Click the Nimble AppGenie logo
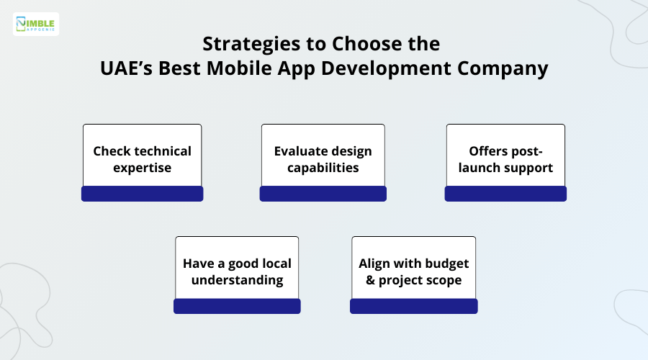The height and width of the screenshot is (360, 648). [36, 24]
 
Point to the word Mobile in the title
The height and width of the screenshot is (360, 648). [258, 68]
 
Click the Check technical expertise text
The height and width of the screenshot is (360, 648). [142, 159]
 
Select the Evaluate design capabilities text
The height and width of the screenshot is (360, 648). [323, 159]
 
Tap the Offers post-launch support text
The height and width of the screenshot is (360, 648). [505, 159]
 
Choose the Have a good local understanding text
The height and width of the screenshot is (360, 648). [237, 271]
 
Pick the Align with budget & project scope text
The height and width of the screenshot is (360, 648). [413, 271]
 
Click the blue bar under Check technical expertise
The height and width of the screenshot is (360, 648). [142, 194]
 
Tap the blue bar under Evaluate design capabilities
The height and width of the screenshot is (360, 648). [323, 194]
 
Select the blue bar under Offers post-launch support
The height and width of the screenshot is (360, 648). [505, 194]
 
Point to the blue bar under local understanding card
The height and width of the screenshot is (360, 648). [237, 306]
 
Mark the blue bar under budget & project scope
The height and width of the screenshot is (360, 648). [413, 306]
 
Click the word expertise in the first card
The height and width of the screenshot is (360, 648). [142, 168]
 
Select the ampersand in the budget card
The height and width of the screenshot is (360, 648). [371, 280]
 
